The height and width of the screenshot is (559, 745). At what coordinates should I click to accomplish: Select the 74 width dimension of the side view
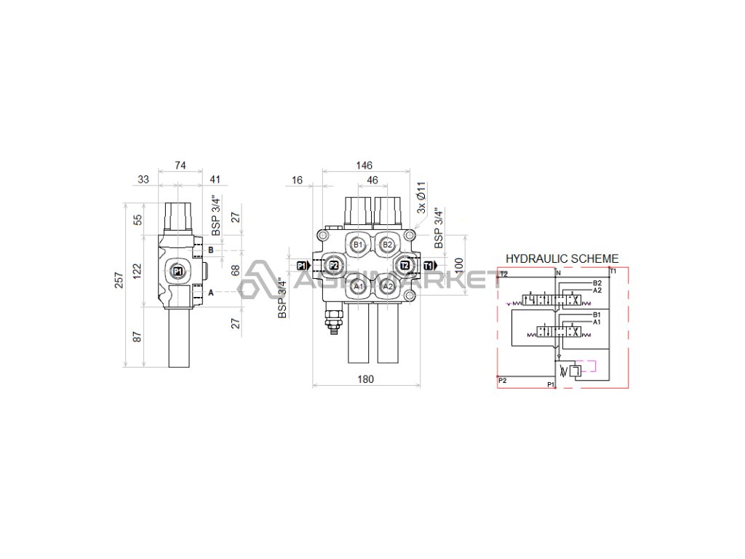(180, 166)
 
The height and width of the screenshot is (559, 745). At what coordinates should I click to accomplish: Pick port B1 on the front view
(357, 245)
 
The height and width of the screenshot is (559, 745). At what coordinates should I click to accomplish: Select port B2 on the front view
(388, 245)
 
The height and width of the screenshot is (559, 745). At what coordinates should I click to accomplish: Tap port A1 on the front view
(357, 287)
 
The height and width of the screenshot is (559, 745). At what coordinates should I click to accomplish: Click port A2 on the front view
(388, 287)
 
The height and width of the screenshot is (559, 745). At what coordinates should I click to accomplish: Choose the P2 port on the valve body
(333, 266)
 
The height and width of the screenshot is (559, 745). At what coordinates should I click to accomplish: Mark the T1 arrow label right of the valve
(429, 266)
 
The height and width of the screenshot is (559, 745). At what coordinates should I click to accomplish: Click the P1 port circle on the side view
(177, 271)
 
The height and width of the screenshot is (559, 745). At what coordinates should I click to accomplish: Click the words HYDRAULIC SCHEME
(562, 258)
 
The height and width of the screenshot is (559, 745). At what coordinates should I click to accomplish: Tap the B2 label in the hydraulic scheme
(597, 283)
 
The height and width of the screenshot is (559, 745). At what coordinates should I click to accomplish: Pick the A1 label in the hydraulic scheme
(597, 321)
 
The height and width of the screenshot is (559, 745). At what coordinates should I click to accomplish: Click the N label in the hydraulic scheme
(558, 273)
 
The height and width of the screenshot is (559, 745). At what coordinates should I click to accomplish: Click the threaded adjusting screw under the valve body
(333, 322)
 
